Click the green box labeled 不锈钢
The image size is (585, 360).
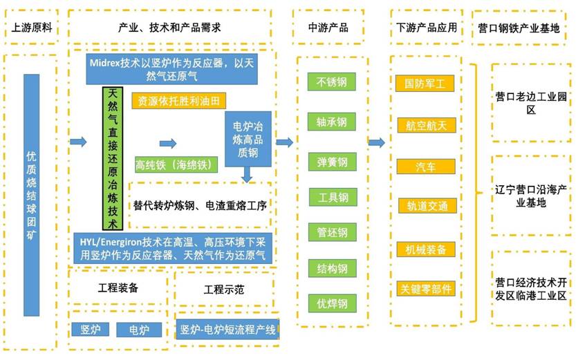click(x=332, y=82)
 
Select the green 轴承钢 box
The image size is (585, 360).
click(x=332, y=122)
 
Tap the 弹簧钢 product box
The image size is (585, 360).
click(x=332, y=162)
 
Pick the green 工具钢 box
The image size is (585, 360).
click(x=332, y=197)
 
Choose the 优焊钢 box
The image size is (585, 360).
click(x=332, y=302)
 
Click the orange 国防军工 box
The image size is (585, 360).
click(x=425, y=84)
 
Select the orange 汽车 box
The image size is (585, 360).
click(x=425, y=167)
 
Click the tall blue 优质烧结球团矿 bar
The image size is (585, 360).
click(x=32, y=196)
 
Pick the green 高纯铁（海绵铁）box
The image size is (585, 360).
click(x=176, y=164)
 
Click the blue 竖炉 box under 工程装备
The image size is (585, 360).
click(x=90, y=330)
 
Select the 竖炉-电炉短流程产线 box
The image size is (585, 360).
click(x=226, y=330)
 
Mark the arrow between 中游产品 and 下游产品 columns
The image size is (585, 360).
click(x=376, y=143)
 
